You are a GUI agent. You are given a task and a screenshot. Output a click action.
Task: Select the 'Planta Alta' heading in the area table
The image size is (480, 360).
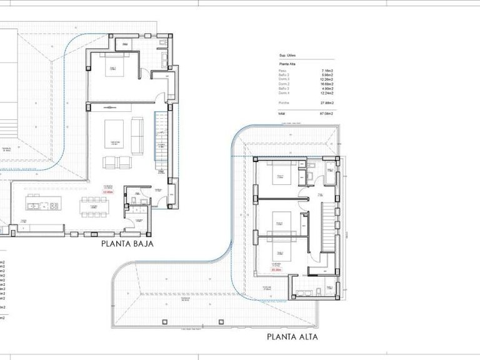(x=288, y=64)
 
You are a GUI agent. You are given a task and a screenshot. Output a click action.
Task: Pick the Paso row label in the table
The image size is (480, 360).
(x=282, y=72)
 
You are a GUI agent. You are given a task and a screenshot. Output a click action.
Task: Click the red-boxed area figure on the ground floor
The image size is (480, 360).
(x=107, y=192)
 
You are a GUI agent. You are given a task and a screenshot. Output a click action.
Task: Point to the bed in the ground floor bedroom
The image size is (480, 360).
(x=115, y=68)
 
